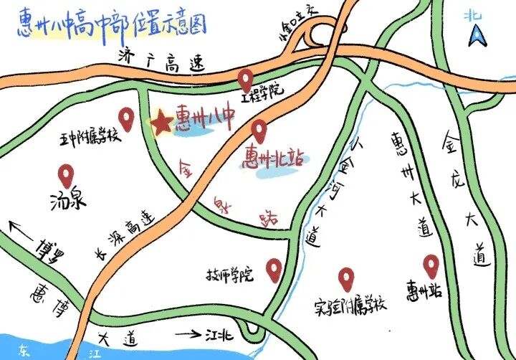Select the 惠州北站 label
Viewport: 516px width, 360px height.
click(272, 157)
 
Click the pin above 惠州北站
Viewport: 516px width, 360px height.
click(259, 131)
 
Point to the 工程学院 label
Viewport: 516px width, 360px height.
click(263, 91)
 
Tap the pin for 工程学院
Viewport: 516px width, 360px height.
click(247, 77)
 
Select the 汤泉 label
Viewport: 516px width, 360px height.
click(68, 199)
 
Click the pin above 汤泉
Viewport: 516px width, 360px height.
click(67, 174)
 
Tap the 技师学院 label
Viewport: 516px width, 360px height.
click(230, 275)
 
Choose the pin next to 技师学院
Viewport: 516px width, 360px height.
click(273, 269)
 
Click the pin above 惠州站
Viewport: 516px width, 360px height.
click(430, 266)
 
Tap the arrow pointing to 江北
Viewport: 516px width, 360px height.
click(185, 333)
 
